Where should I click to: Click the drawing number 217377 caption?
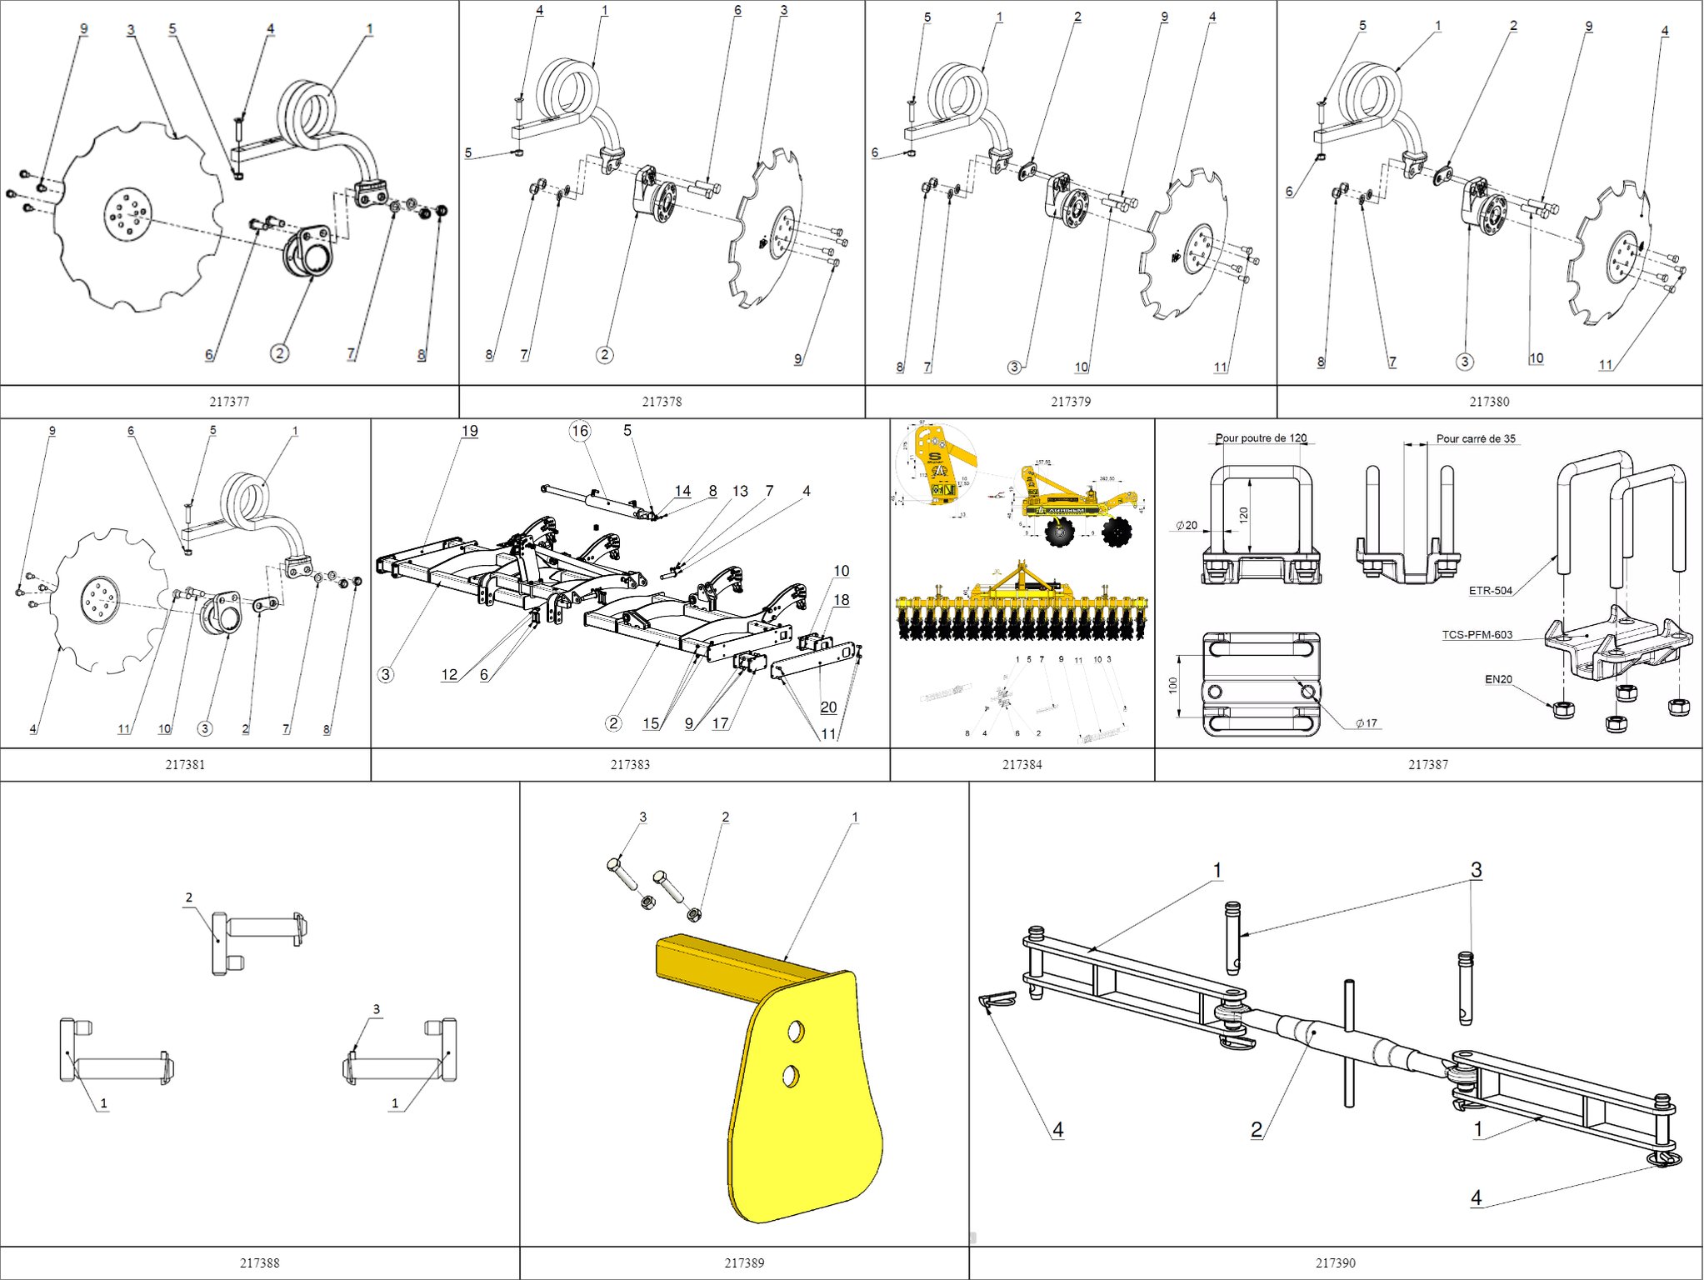229,402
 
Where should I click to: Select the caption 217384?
1022,764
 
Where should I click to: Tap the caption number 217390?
1335,1262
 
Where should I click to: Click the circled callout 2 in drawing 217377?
280,353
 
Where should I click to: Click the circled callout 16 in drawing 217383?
580,431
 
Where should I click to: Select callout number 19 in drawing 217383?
470,431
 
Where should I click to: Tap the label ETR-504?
1490,591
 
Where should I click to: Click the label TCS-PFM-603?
1477,635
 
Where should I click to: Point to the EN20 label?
1498,679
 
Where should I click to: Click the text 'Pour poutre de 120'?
1261,438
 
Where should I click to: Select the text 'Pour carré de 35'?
1476,438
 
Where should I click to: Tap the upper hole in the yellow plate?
796,1032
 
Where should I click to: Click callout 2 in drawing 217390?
1257,1130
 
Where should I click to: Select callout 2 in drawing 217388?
189,897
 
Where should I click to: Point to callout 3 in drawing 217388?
377,1009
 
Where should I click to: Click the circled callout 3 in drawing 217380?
1464,362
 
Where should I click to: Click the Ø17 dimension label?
1365,723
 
